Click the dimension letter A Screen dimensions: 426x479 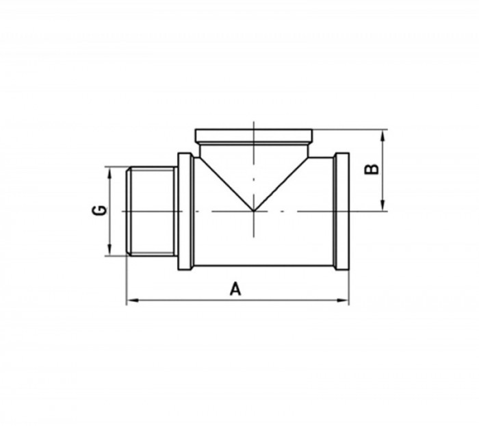pos(235,290)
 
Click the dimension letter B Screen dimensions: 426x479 pos(371,170)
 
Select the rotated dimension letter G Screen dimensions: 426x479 pos(99,210)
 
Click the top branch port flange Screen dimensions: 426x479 pos(254,134)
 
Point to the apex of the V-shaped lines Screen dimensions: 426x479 pos(254,210)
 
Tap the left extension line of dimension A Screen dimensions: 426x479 pos(127,281)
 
